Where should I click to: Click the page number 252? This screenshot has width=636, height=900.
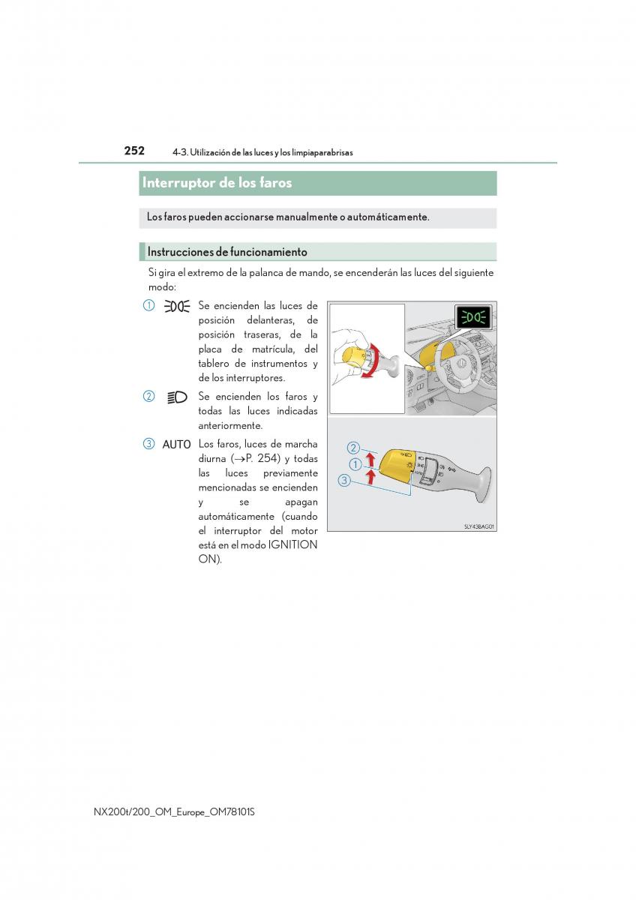pyautogui.click(x=134, y=151)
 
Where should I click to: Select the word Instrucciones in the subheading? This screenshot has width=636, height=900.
pyautogui.click(x=177, y=252)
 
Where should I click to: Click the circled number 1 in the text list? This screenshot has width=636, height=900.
pyautogui.click(x=149, y=306)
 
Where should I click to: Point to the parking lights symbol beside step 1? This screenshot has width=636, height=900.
pyautogui.click(x=176, y=306)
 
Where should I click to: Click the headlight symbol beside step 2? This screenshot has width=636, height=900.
pyautogui.click(x=176, y=397)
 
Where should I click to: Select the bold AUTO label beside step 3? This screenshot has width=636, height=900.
pyautogui.click(x=176, y=445)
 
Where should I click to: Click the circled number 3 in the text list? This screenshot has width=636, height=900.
pyautogui.click(x=149, y=444)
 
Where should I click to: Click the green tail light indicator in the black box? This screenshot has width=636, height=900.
pyautogui.click(x=474, y=318)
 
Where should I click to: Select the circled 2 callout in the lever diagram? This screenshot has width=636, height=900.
pyautogui.click(x=353, y=448)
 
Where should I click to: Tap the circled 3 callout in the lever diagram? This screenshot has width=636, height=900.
pyautogui.click(x=344, y=481)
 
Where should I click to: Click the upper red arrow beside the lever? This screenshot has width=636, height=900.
pyautogui.click(x=370, y=459)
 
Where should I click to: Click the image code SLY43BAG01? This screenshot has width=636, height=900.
pyautogui.click(x=478, y=526)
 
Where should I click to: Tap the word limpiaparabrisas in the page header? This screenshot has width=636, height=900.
pyautogui.click(x=317, y=153)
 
